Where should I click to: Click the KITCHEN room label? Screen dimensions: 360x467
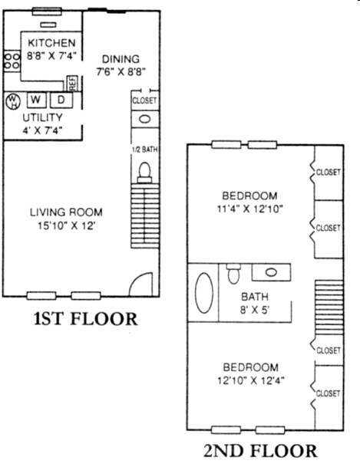(x=51, y=43)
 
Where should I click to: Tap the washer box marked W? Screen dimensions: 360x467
(x=36, y=100)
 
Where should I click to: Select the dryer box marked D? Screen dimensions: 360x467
(x=61, y=100)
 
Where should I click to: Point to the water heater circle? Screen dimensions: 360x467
(x=13, y=101)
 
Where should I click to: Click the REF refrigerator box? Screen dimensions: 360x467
(x=72, y=84)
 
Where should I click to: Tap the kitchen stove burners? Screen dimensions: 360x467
(x=12, y=61)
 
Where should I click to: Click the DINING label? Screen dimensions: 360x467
(x=121, y=59)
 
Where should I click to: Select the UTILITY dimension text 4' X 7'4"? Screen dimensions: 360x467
(x=43, y=130)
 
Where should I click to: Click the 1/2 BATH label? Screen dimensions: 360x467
(x=145, y=150)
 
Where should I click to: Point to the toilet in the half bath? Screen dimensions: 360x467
(x=144, y=173)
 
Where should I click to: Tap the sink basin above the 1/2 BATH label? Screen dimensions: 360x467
(x=145, y=119)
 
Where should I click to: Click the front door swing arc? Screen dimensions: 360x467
(x=139, y=280)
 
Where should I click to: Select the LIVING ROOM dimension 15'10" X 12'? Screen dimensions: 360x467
(x=66, y=225)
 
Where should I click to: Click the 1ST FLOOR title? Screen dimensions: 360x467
(x=86, y=318)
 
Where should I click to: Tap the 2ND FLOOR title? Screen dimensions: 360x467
(x=260, y=451)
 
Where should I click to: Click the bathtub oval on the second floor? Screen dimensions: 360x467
(x=204, y=293)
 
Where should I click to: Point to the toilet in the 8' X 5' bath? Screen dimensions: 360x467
(x=233, y=274)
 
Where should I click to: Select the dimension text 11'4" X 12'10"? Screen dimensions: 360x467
(x=249, y=209)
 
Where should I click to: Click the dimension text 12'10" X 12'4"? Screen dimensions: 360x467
(x=251, y=380)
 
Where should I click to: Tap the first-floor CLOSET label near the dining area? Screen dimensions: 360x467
(x=144, y=100)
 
